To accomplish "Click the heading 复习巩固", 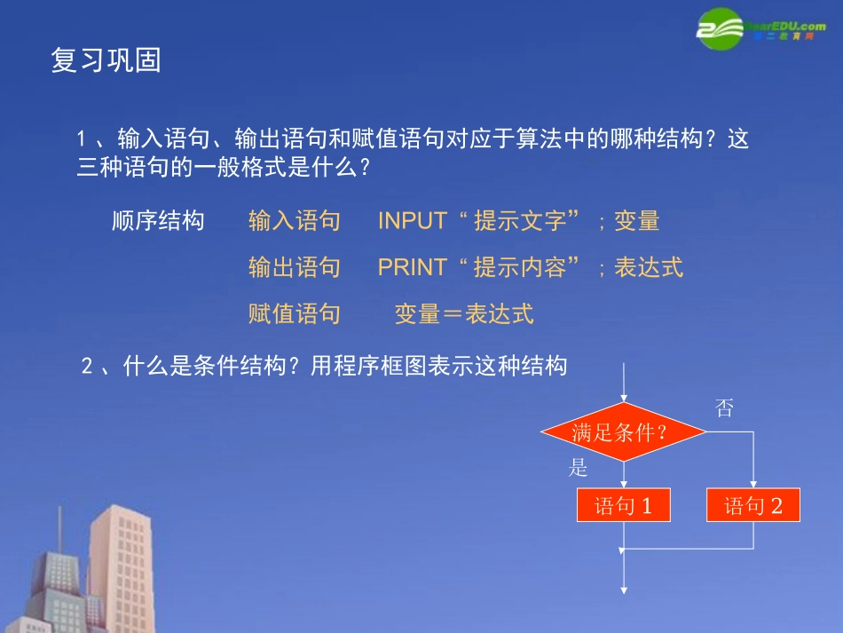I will click(106, 61).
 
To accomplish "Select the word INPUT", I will click(412, 221).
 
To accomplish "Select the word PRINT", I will click(412, 267).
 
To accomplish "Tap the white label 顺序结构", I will click(158, 221).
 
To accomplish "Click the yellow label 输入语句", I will click(295, 221).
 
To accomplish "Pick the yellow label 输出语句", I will click(295, 267).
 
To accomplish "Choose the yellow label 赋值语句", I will click(295, 313).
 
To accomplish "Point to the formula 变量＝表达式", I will click(463, 313).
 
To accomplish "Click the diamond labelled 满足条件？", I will click(623, 432).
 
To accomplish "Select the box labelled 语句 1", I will click(623, 506).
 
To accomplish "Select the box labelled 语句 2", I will click(753, 506).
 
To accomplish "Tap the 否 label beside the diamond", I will click(724, 408).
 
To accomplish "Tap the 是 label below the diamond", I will click(579, 468).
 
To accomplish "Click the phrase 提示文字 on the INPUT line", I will click(520, 221).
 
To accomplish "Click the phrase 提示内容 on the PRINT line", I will click(520, 267).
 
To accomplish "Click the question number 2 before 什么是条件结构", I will click(87, 367).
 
